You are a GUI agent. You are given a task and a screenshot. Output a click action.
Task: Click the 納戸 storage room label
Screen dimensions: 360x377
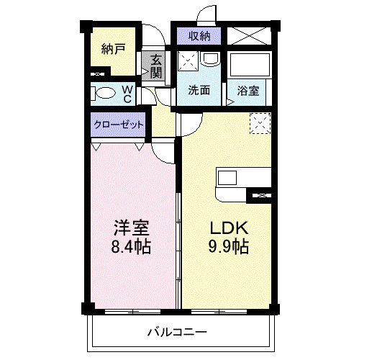pos(113,50)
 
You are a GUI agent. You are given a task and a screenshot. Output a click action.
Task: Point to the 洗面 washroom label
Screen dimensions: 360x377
pos(199,90)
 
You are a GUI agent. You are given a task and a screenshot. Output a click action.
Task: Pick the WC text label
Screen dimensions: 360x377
pos(127,94)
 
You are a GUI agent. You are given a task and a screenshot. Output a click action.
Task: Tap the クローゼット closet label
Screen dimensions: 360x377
pos(119,125)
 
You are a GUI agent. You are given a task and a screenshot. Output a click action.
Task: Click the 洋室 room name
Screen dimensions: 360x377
pos(131,229)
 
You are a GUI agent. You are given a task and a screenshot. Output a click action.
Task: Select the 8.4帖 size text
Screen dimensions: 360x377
pos(131,247)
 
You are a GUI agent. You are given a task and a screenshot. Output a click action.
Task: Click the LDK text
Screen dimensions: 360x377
pos(229,229)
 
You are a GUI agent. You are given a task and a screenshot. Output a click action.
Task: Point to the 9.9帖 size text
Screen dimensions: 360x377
pos(229,247)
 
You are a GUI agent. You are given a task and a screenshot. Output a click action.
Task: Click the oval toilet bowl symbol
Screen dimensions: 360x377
pos(106,93)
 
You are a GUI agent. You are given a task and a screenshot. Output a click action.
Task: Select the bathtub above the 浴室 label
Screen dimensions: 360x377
pos(249,66)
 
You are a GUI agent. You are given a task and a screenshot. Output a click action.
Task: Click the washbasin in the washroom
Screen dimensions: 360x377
pos(212,58)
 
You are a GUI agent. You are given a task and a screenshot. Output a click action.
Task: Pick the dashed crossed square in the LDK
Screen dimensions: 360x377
pos(259,124)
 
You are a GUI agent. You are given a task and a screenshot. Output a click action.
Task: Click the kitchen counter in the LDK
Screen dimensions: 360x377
pos(243,178)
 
